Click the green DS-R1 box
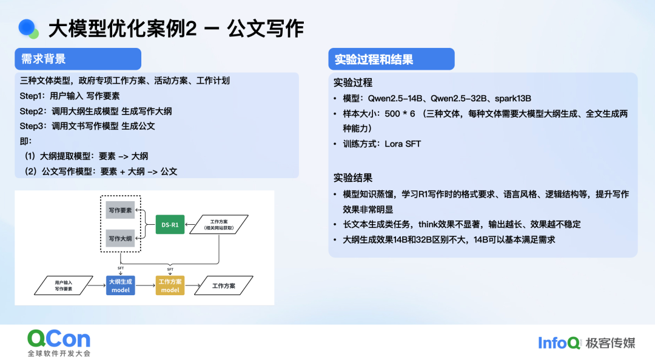(170, 224)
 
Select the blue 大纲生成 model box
(120, 285)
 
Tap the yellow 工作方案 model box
(170, 285)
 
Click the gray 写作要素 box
(120, 210)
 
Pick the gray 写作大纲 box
(120, 238)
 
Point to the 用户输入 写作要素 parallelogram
(64, 285)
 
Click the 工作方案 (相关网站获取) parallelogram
(219, 225)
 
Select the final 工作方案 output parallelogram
(224, 285)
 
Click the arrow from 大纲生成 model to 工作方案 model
(146, 285)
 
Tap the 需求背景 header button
(78, 59)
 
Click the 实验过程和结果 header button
(391, 59)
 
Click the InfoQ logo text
(559, 343)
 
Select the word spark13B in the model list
(513, 99)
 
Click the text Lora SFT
(403, 144)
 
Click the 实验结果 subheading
(352, 178)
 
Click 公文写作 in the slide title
(265, 29)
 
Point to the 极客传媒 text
(610, 343)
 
